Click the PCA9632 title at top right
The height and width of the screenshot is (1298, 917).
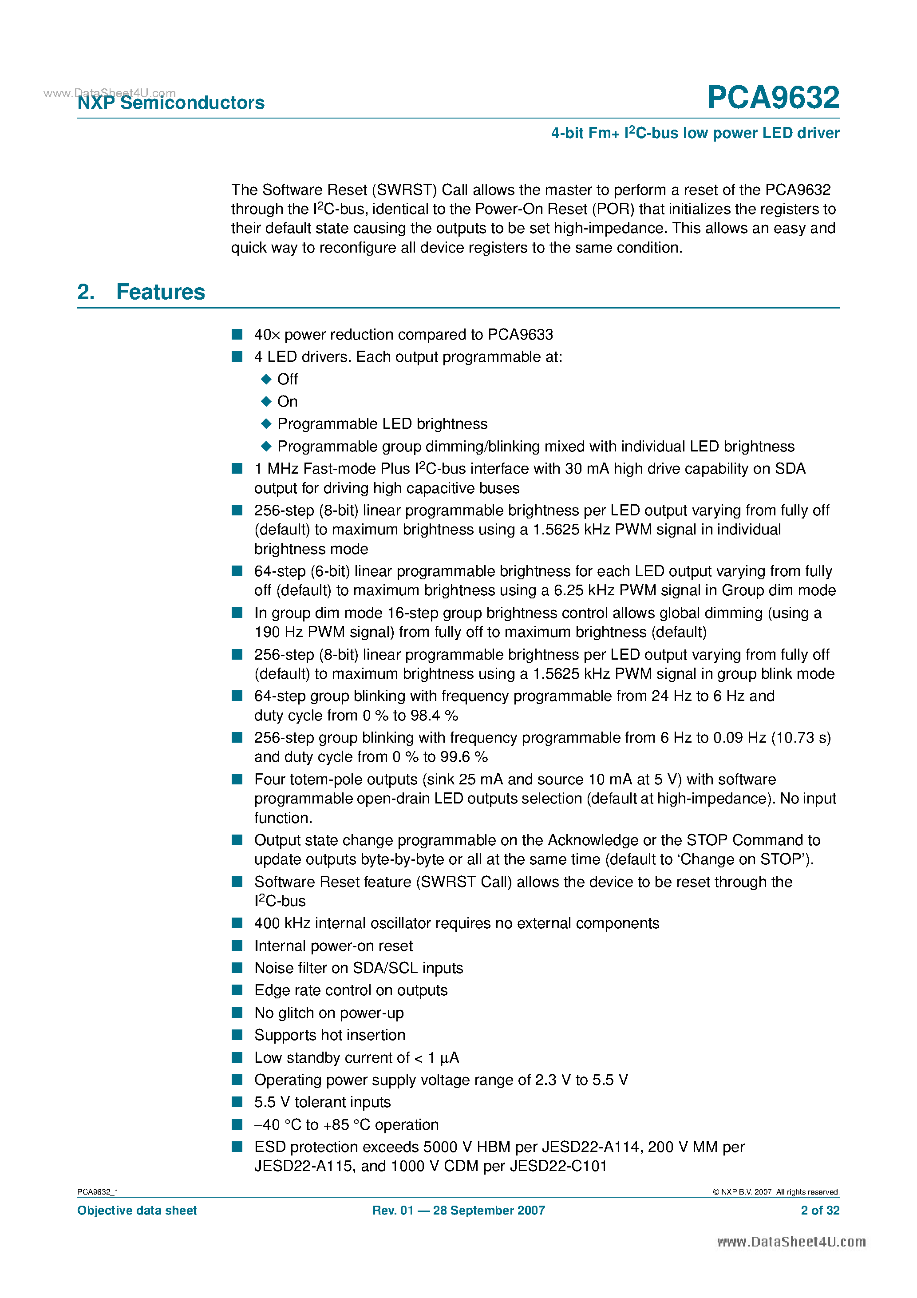point(772,98)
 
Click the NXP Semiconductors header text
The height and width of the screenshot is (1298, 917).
point(171,103)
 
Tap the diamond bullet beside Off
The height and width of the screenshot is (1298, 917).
point(266,380)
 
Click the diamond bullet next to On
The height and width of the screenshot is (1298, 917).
point(266,401)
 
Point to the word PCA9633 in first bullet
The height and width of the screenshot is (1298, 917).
point(520,335)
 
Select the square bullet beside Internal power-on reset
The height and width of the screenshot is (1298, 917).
point(237,946)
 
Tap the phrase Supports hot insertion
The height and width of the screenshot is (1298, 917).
point(330,1035)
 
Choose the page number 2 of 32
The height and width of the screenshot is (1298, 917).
point(820,1211)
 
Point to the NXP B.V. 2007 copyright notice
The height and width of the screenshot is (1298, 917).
point(776,1192)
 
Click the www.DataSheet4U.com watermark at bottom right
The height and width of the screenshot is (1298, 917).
point(791,1242)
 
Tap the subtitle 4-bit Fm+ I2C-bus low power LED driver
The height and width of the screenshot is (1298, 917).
point(695,133)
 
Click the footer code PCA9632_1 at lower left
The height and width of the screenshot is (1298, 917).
point(98,1192)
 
